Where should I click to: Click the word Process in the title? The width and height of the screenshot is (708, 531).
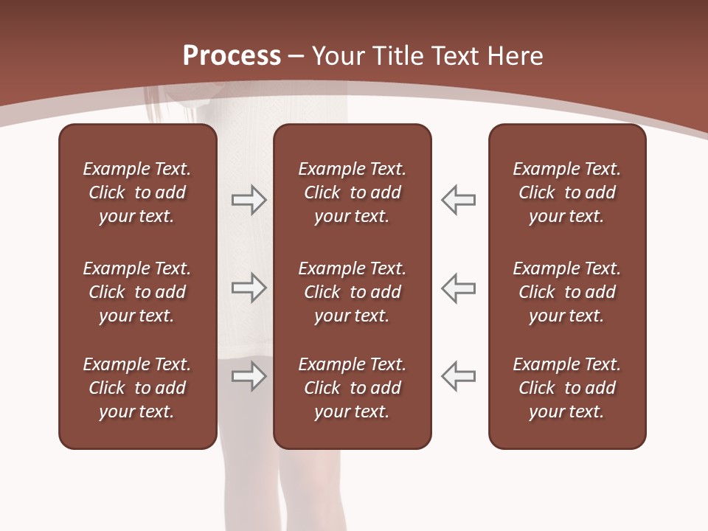232,56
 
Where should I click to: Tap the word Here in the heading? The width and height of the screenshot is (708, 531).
514,56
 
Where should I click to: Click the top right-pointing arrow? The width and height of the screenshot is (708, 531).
249,200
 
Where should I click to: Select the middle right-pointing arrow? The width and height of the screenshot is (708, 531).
249,288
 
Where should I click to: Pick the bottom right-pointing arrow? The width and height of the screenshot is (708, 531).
249,376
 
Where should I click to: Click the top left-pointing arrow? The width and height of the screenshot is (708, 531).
458,200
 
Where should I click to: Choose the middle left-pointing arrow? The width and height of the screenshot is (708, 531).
458,288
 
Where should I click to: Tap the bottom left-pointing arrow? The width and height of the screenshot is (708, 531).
458,376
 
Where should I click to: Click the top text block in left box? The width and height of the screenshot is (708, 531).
137,192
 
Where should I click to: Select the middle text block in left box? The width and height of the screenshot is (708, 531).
137,292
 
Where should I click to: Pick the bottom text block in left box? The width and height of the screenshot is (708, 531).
137,388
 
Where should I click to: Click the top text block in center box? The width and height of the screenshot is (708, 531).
352,192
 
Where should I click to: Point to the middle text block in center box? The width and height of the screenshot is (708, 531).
352,292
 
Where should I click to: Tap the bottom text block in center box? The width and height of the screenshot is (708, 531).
352,388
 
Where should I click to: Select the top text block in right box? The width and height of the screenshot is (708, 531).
566,192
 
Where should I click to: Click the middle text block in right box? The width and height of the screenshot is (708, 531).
566,292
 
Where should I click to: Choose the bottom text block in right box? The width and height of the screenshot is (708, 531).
566,388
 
